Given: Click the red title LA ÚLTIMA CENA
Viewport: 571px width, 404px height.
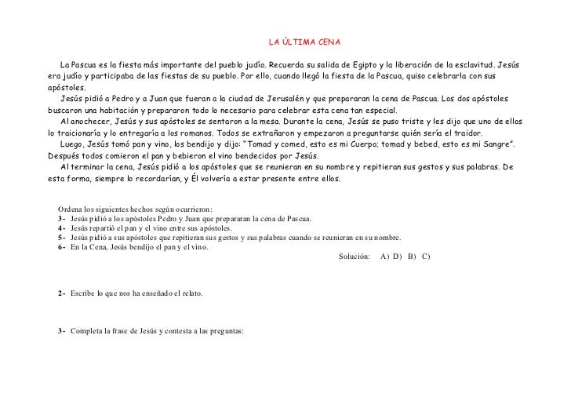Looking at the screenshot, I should [x=304, y=41].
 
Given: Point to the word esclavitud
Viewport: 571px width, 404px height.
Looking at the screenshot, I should [x=471, y=64].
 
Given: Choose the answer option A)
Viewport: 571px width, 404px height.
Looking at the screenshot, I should [x=383, y=257].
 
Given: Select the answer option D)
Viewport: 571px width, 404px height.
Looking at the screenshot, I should [x=398, y=257].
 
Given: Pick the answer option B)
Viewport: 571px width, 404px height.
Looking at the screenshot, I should [x=412, y=257].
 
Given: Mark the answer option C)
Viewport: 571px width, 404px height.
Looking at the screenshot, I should [x=426, y=257].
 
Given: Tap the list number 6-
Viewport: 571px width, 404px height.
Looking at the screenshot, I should [x=62, y=247].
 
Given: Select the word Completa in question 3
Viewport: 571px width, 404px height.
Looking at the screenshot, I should [x=87, y=331].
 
